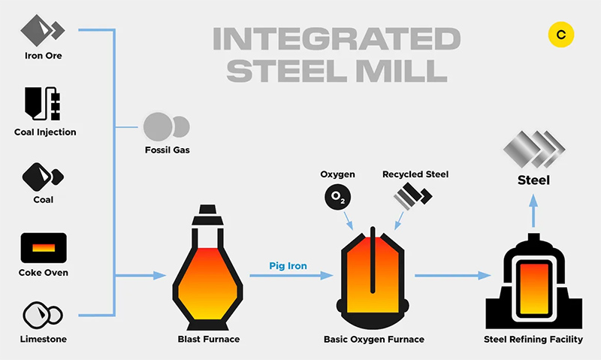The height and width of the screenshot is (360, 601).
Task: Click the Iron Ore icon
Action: coord(43,30)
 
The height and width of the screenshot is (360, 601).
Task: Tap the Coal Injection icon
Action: coord(43,104)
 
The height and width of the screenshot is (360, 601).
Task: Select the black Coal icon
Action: coord(43,177)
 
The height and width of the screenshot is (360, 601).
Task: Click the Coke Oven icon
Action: coord(44,248)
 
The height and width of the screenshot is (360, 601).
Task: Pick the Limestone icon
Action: coord(43,315)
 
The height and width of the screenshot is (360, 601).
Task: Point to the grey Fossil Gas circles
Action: coord(166,127)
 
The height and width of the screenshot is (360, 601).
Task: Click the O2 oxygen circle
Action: coord(337,197)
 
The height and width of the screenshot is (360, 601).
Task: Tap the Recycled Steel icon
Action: coord(412,196)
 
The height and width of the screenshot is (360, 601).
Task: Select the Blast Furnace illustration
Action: coord(207,268)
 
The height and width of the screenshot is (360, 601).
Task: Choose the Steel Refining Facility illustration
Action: coord(533,282)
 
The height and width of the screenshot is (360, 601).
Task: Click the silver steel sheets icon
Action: coord(534,150)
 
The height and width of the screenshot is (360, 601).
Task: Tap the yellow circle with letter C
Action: coord(561,35)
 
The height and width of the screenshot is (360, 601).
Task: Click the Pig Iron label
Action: coord(288,266)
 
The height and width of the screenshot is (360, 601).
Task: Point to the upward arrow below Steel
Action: coord(533,211)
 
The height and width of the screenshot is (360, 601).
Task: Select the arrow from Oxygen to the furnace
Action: coord(348,220)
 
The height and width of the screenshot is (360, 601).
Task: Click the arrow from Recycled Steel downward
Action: coord(399,221)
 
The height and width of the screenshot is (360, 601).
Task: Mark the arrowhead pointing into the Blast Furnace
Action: coord(159,275)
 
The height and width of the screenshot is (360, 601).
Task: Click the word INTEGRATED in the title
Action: coord(337,39)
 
